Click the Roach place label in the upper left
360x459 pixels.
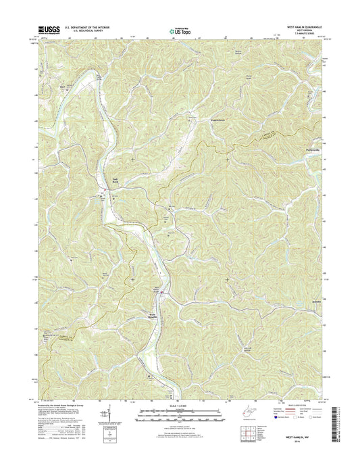[63, 87]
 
